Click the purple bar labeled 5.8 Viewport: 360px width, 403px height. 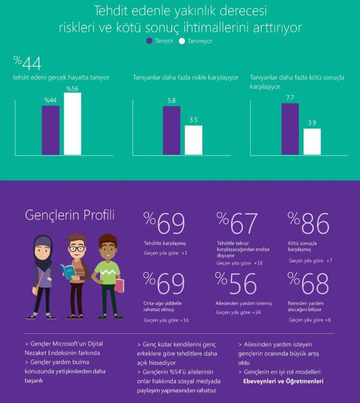point(172,130)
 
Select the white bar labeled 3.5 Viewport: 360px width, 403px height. point(194,140)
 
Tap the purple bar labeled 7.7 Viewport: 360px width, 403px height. point(290,129)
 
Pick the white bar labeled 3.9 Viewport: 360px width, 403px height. point(312,142)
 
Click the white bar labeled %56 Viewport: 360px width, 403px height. point(72,124)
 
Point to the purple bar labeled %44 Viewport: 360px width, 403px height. point(50,130)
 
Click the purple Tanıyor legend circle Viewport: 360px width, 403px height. point(150,41)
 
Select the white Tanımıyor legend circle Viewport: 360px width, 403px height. point(182,41)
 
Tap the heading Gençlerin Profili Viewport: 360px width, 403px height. point(70,216)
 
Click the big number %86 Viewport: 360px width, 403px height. point(308,223)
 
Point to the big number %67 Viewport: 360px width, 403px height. point(237,223)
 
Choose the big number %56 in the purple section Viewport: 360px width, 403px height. point(236,283)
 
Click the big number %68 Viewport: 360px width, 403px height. point(308,283)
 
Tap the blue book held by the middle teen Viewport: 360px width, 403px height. point(68,272)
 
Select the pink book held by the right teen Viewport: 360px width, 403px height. point(119,285)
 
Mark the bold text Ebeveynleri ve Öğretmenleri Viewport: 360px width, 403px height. point(283,381)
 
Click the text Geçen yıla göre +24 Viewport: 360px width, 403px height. point(238,312)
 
